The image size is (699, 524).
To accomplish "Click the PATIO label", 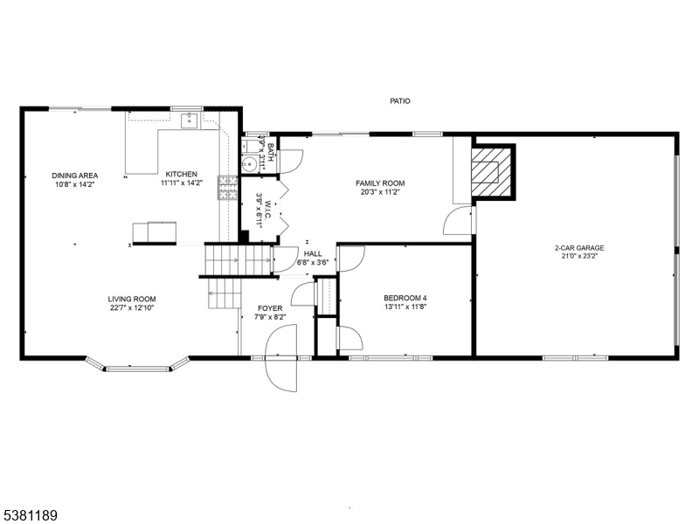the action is click(x=400, y=101).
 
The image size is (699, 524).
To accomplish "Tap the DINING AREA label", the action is click(x=75, y=176).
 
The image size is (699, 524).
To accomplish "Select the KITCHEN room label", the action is click(x=182, y=174).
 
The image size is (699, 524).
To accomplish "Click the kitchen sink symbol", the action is click(x=190, y=121).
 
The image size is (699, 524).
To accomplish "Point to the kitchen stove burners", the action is click(x=227, y=187).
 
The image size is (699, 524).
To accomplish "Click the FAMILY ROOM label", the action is click(x=380, y=183).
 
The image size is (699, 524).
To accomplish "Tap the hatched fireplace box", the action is click(x=491, y=171).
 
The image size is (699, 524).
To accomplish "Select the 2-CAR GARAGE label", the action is click(x=579, y=248).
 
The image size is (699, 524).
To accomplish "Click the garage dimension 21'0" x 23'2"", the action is click(x=579, y=256).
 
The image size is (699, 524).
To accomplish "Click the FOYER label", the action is click(x=270, y=308).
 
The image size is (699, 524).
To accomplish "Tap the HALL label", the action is click(x=313, y=254).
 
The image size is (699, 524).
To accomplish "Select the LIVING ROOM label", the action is click(x=132, y=300).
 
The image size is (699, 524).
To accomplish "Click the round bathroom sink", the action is click(x=250, y=164).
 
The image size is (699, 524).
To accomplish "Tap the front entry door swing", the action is click(x=280, y=358).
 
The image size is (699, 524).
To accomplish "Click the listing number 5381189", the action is click(x=29, y=516).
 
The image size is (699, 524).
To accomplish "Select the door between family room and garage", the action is click(x=458, y=220).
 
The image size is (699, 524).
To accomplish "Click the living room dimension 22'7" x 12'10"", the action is click(x=132, y=307).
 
